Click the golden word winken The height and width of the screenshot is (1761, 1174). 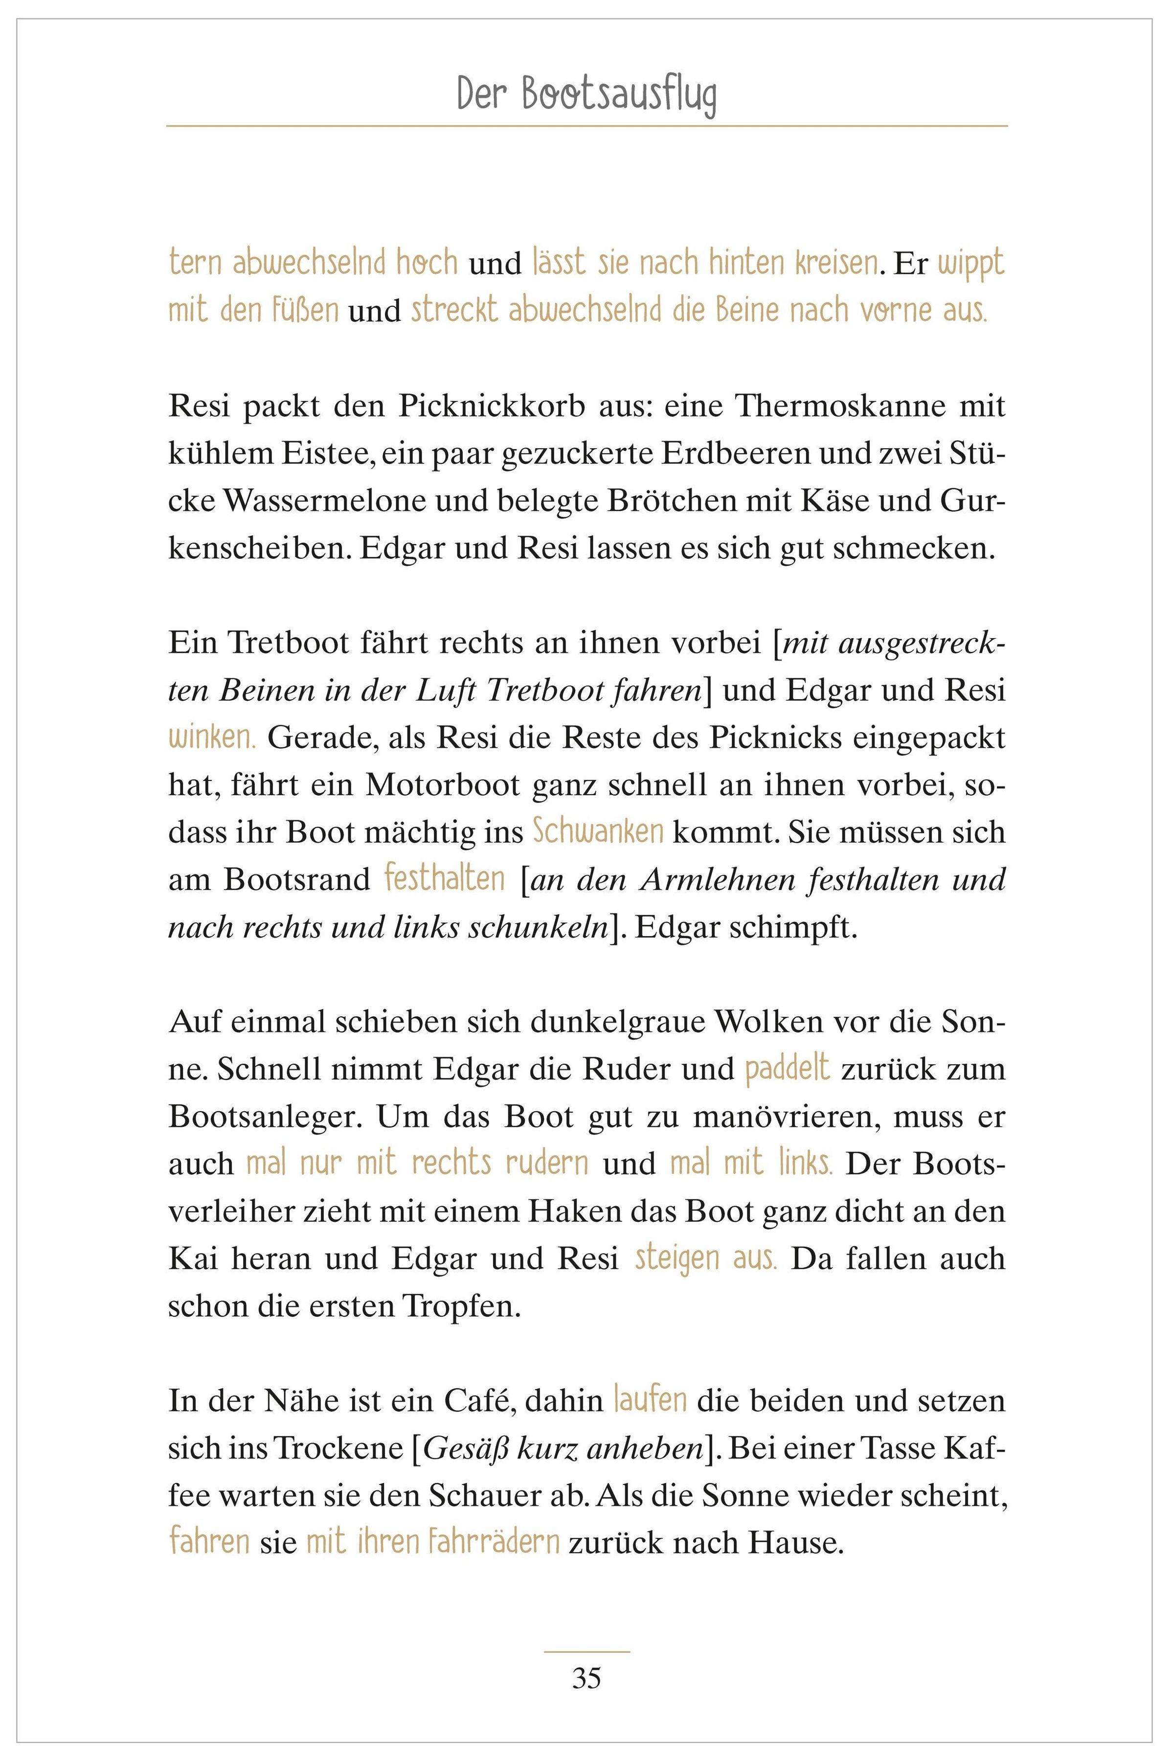click(x=212, y=738)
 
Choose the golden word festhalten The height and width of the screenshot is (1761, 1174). click(x=445, y=879)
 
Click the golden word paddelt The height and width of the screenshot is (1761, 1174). click(x=788, y=1069)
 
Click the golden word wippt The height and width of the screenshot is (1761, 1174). click(x=971, y=264)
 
